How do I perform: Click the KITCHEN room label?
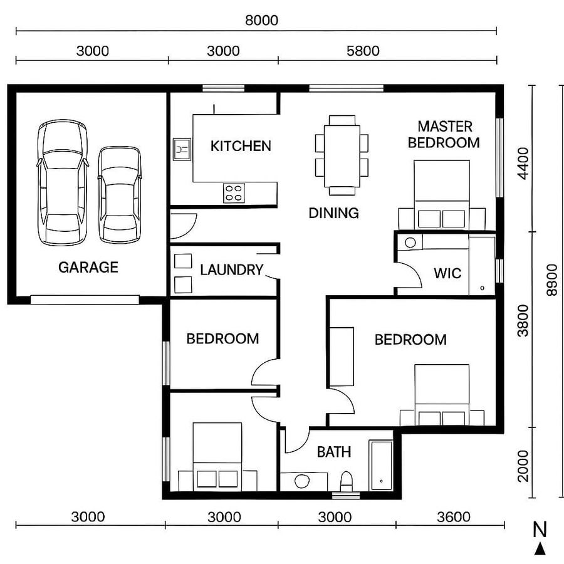tap(241, 147)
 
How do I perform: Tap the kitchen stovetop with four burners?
tap(234, 192)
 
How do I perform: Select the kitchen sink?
tap(181, 149)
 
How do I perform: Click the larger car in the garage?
tap(62, 183)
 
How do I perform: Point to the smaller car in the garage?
tap(119, 194)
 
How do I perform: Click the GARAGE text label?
tap(88, 268)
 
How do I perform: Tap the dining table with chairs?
tap(342, 151)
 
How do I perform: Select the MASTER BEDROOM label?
tap(444, 135)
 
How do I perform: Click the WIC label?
tap(447, 273)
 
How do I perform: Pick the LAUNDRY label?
tap(232, 270)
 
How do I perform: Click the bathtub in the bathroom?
tap(381, 465)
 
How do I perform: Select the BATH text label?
tap(333, 452)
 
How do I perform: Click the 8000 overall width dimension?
tap(261, 20)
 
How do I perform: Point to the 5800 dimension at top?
tap(363, 51)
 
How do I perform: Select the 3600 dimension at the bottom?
tap(453, 517)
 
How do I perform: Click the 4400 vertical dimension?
tap(523, 164)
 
